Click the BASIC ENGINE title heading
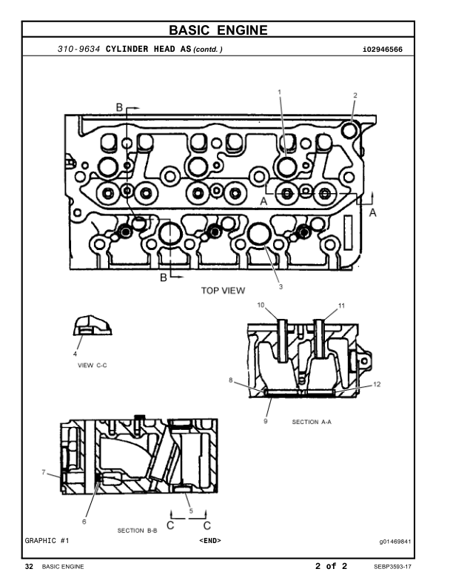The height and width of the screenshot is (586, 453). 218,30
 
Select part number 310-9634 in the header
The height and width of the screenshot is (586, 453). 79,49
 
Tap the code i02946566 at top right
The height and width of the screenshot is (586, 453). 383,50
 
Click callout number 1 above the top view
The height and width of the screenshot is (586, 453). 280,92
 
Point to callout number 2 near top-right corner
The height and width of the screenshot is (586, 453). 355,95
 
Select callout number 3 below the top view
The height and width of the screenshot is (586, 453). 281,286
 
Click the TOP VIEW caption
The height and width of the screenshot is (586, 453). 223,290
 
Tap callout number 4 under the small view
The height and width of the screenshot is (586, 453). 75,354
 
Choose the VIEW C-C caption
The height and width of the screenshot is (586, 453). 93,365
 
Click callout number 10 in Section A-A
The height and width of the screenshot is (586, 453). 261,305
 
